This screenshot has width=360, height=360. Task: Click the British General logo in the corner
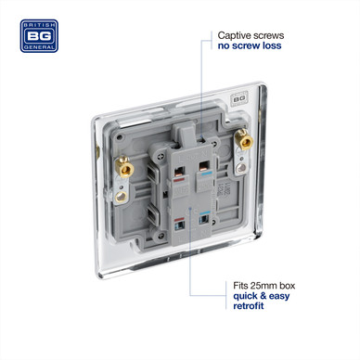point(39,36)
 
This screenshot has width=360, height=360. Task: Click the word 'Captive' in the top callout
point(233,35)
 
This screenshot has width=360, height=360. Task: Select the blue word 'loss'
point(272,45)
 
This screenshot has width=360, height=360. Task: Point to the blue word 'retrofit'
point(249,306)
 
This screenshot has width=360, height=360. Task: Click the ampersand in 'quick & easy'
point(264,296)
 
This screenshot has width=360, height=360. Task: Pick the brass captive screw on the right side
point(243,140)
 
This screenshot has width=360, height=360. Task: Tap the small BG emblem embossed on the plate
point(238,98)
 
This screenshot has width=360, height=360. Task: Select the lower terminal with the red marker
point(179,225)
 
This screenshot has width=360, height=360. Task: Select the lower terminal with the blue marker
point(203,219)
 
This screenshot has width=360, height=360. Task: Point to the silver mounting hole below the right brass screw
point(241,168)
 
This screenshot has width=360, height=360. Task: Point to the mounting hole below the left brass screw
point(121,197)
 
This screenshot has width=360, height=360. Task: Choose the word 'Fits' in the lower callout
point(240,285)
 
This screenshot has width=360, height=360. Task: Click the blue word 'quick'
point(246,296)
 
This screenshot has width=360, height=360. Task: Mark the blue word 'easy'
point(279,297)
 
